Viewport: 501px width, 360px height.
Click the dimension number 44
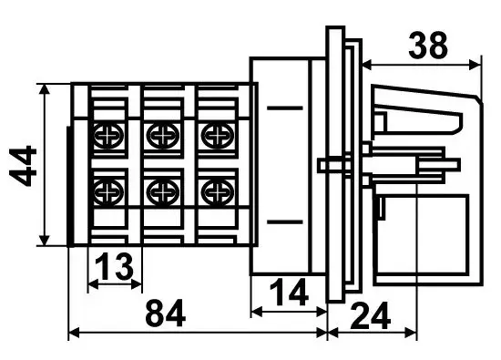click(x=23, y=165)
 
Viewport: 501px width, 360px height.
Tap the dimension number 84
click(x=165, y=313)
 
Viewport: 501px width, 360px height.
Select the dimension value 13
click(x=114, y=266)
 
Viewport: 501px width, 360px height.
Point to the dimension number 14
click(x=289, y=292)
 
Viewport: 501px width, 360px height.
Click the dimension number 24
click(x=371, y=315)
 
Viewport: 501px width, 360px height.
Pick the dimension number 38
click(x=428, y=46)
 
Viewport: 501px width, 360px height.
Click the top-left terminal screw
click(x=108, y=136)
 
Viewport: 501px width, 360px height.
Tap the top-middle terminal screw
click(x=163, y=136)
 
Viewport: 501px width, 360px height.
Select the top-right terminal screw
click(x=218, y=136)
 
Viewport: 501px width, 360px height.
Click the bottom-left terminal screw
click(x=108, y=192)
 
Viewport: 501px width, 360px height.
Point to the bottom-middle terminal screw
click(x=163, y=192)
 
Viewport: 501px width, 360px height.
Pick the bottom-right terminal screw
click(x=218, y=192)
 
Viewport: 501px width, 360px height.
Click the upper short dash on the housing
click(x=285, y=108)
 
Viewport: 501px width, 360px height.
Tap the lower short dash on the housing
click(x=285, y=221)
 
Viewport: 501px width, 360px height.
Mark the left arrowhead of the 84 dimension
click(x=74, y=333)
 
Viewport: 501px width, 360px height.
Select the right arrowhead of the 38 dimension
click(x=475, y=65)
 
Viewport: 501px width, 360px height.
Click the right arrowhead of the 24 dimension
click(x=411, y=333)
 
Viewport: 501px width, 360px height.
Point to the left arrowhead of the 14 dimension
click(x=257, y=311)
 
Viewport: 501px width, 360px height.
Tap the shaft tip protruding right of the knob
click(x=455, y=165)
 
